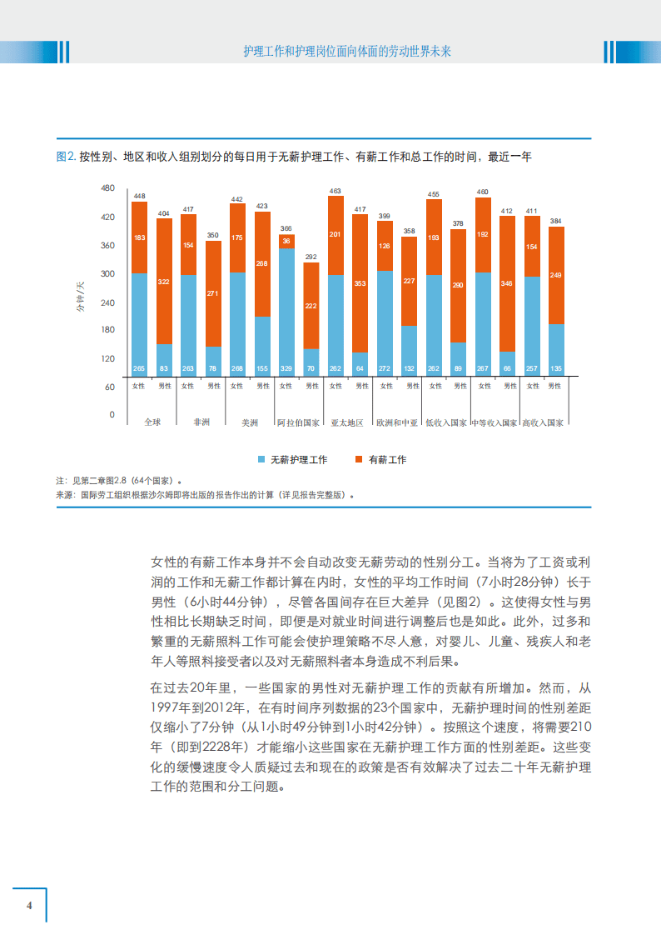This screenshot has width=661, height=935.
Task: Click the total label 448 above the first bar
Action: [139, 196]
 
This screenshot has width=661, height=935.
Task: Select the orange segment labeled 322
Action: [164, 282]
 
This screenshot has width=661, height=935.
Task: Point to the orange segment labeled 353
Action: [360, 283]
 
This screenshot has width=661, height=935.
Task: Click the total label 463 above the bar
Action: [335, 191]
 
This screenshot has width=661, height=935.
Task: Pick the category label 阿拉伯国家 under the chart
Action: [298, 422]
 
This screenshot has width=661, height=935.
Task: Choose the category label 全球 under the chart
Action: [152, 422]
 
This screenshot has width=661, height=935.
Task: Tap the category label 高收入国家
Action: [543, 422]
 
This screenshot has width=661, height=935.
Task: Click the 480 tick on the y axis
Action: [107, 188]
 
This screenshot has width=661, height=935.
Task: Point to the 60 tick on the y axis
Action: [109, 387]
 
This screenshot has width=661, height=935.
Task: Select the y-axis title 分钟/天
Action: [81, 297]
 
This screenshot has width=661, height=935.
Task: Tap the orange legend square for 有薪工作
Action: [359, 459]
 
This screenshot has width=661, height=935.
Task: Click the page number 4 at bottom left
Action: [30, 906]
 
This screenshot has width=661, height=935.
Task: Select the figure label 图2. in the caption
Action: [66, 156]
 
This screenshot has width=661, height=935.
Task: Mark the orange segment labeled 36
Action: [286, 241]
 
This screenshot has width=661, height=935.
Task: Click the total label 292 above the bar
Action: [311, 257]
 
